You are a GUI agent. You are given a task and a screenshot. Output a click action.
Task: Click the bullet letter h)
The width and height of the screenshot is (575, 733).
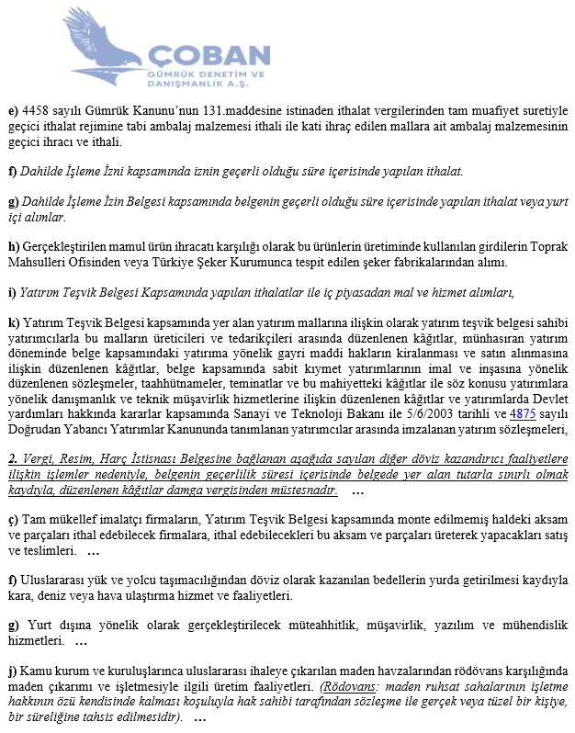pos(13,247)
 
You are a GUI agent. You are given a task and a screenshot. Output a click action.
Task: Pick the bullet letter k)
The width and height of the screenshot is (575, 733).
pos(13,322)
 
